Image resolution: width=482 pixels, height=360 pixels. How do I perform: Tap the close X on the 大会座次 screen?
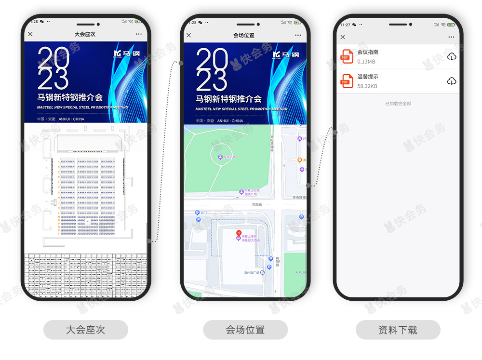30,34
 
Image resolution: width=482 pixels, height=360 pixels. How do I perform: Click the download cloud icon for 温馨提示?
451,81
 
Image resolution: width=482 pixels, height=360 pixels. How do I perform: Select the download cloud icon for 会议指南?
451,57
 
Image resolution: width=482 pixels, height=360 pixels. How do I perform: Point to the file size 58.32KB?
367,86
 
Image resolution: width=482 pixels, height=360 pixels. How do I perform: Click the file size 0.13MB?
366,62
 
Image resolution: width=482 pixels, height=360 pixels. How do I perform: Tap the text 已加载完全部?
398,104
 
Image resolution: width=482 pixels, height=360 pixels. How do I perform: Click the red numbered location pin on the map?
238,234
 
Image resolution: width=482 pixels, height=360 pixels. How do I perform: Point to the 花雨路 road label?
256,204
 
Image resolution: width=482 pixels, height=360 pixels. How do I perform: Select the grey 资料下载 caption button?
398,330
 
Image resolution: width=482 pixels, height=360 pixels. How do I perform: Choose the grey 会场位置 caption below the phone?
245,330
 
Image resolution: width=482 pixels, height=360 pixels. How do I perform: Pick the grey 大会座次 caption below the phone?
85,330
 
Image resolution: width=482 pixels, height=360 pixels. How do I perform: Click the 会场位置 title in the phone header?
243,35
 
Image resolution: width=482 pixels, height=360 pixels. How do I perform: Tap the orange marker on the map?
299,160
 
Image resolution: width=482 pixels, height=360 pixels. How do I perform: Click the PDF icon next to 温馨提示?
346,81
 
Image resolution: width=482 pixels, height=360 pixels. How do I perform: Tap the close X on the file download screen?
343,37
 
